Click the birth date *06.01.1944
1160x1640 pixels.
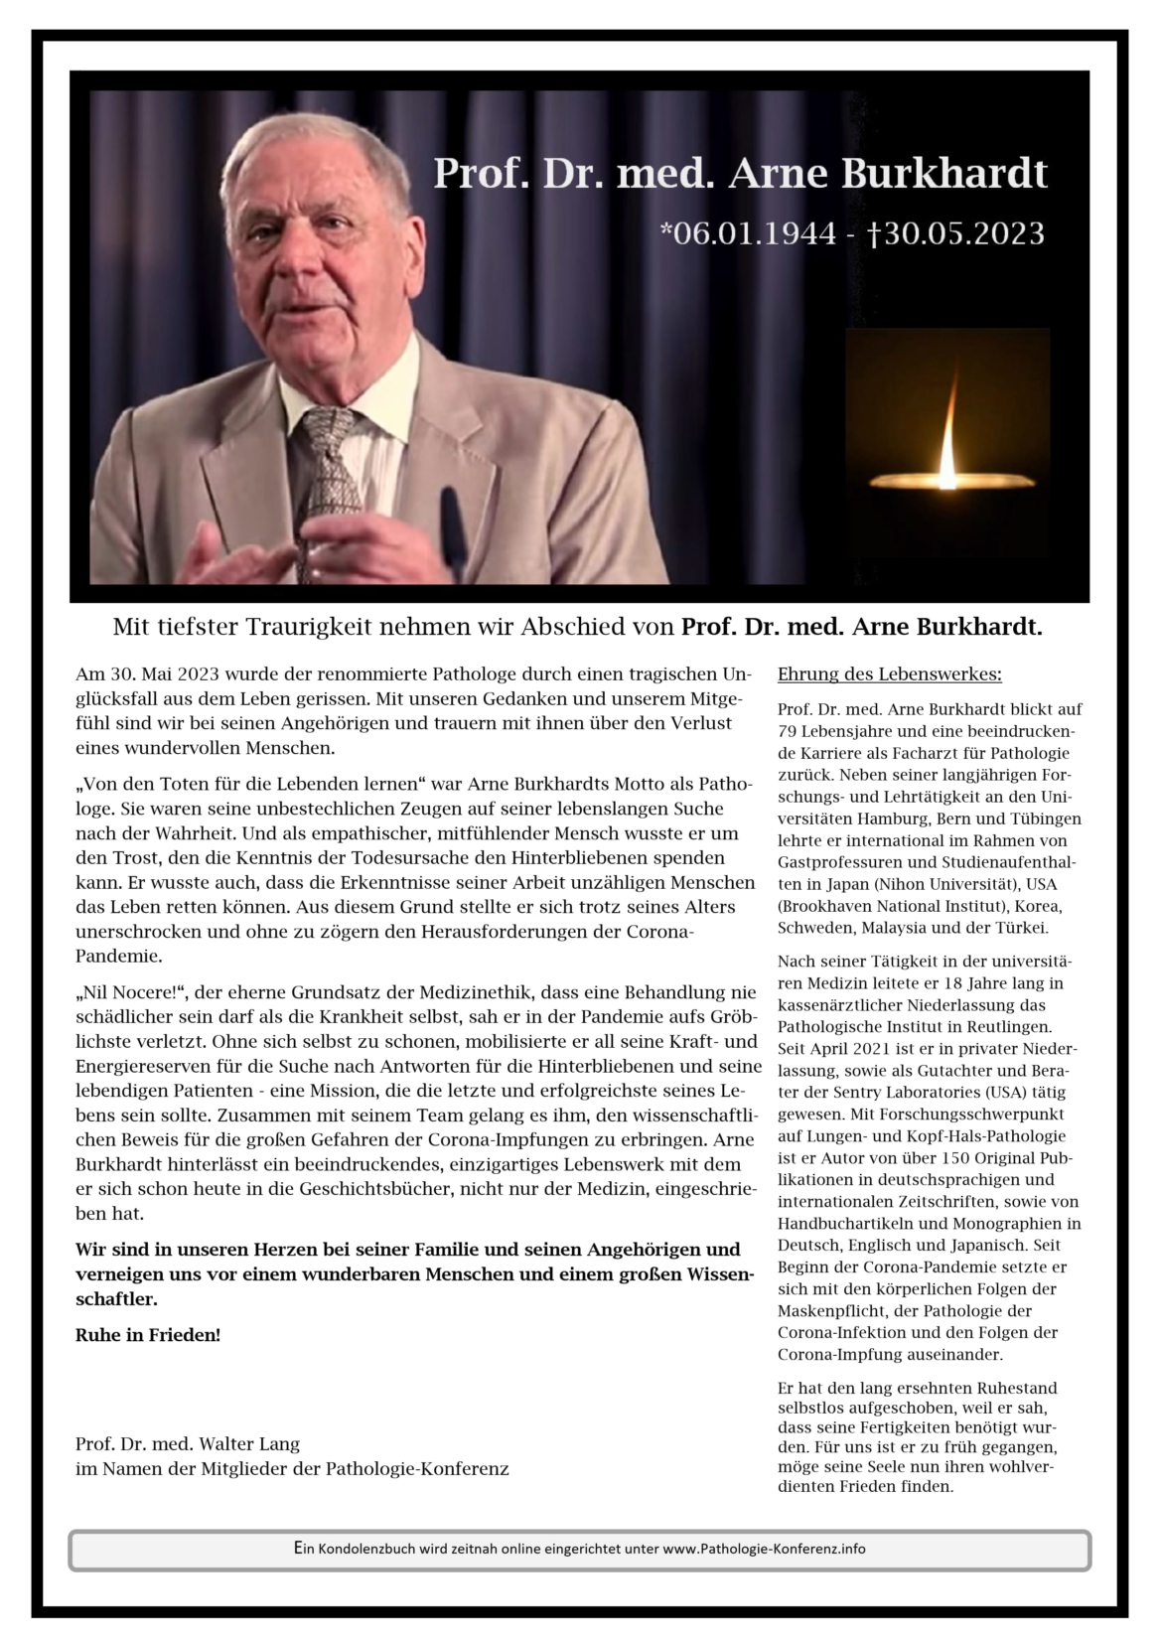(x=749, y=233)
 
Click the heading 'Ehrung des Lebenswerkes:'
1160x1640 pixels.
(x=889, y=674)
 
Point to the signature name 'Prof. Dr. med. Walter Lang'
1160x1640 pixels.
(x=187, y=1443)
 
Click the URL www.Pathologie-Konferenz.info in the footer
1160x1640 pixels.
(x=764, y=1549)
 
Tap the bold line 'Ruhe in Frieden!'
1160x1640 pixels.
(x=148, y=1334)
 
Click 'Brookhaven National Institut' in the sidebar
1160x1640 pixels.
(x=884, y=907)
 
